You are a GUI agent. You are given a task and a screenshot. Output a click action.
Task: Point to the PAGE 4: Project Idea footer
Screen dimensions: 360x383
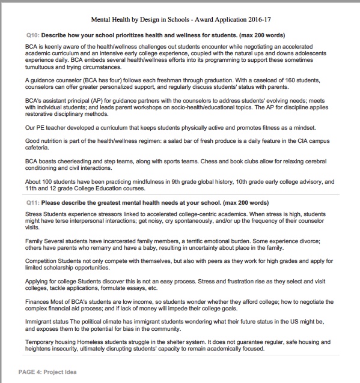point(47,372)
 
